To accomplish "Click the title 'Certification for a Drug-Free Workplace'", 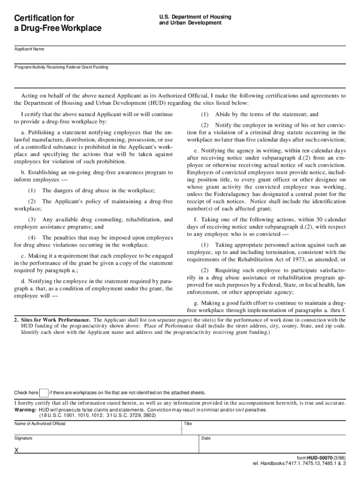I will coord(58,23).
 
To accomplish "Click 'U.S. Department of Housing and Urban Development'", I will coord(195,20).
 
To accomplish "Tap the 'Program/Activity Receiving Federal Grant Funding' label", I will coord(61,67).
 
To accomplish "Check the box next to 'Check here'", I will coord(43,392).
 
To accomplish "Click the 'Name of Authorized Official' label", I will coord(40,424).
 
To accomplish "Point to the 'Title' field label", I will coord(188,424).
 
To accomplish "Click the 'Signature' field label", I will coord(23,438).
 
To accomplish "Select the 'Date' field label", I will coord(206,438).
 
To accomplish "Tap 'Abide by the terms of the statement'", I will coord(266,114).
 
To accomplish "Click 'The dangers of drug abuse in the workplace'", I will coord(98,190).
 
